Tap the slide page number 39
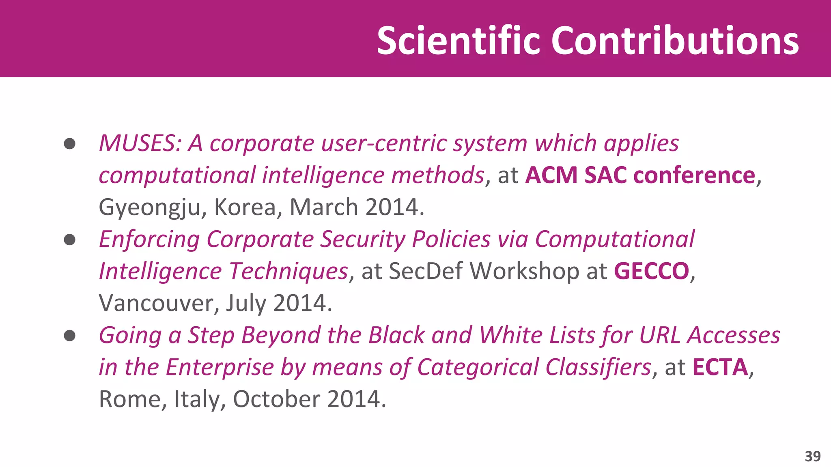812,456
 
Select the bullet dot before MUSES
70,144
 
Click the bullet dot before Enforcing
70,240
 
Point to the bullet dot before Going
70,336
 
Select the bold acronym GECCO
651,271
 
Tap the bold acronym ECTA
720,367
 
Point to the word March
323,208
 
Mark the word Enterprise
220,367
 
